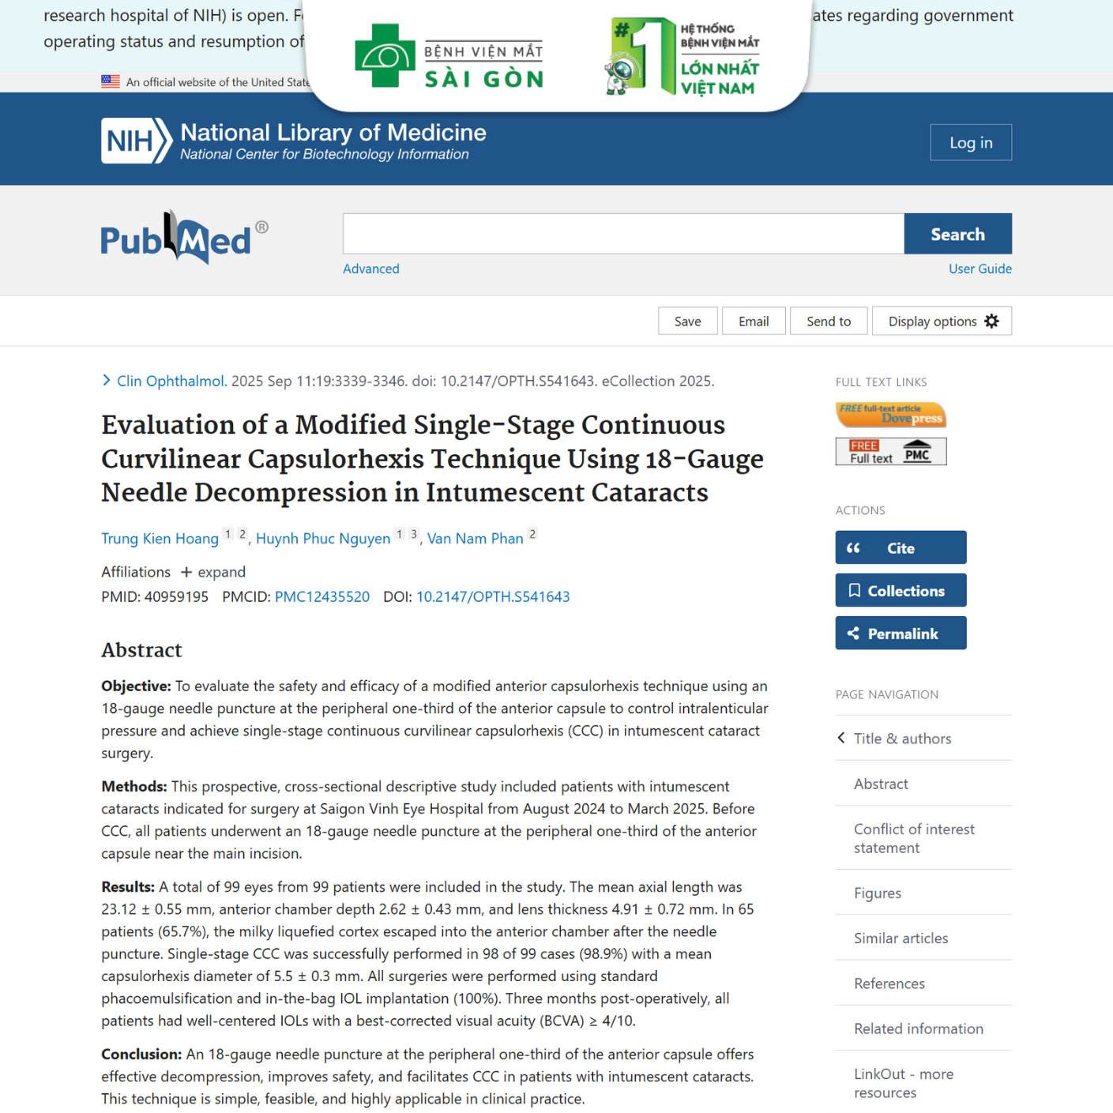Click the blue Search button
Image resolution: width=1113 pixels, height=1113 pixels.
point(957,234)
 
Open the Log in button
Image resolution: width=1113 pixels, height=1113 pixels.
point(970,142)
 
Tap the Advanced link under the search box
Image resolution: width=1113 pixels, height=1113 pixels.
point(370,269)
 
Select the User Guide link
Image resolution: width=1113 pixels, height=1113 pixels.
point(980,269)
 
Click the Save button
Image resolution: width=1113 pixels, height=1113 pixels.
point(687,321)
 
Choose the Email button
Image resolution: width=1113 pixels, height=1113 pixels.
point(754,321)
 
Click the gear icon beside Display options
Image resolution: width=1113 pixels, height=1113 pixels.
point(992,321)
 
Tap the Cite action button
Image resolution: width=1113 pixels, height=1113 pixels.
point(901,547)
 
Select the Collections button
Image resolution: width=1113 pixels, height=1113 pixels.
point(901,590)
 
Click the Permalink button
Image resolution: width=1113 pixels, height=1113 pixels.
point(901,633)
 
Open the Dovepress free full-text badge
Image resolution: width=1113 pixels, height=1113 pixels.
point(890,414)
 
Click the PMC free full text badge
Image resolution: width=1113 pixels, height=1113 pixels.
point(890,451)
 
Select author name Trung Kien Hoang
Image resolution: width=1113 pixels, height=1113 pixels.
point(160,539)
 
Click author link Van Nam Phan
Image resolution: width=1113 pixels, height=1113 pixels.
point(475,539)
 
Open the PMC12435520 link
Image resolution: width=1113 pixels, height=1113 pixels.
point(321,596)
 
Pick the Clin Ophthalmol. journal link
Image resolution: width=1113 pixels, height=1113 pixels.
point(171,381)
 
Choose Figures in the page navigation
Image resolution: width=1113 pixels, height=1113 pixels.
point(877,893)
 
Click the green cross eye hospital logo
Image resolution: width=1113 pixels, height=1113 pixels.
point(385,55)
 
